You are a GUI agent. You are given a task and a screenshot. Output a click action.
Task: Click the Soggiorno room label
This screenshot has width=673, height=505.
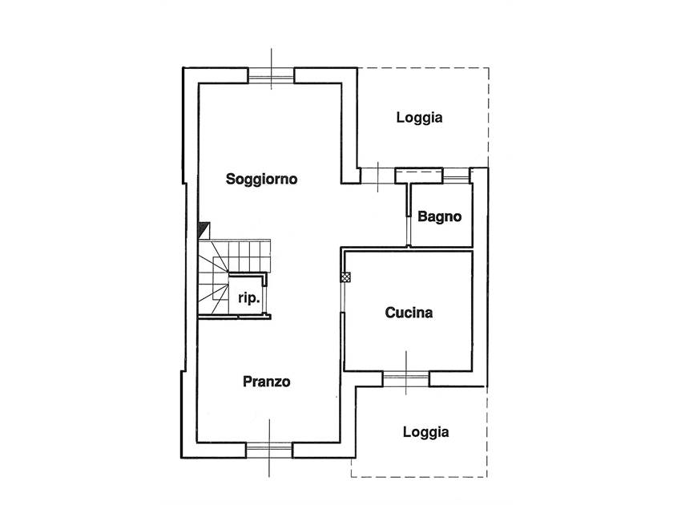261,179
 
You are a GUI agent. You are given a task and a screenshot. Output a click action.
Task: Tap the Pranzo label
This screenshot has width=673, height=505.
267,382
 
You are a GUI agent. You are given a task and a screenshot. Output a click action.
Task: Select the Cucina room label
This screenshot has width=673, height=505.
409,313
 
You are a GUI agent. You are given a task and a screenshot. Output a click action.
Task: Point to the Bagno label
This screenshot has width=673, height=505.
440,217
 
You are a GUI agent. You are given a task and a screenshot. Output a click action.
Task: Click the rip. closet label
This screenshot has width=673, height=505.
249,298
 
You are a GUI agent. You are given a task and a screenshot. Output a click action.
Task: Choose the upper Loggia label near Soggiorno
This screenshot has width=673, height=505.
419,118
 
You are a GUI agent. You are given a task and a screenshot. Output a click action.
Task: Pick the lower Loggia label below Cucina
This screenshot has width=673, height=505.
425,432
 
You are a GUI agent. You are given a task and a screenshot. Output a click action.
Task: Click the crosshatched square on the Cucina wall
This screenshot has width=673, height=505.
345,277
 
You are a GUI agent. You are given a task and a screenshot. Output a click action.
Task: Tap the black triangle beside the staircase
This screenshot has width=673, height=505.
204,230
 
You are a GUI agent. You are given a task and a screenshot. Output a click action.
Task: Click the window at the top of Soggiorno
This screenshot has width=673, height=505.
272,79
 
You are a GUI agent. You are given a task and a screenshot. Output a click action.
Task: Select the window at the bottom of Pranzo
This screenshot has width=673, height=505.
269,449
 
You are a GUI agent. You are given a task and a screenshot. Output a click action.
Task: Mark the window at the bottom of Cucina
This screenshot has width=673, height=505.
406,378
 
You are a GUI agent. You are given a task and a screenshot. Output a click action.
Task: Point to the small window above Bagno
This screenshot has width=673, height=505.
457,176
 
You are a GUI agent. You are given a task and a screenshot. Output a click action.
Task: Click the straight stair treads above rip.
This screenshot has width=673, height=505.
249,256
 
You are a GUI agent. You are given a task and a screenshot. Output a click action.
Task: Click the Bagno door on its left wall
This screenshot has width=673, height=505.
409,215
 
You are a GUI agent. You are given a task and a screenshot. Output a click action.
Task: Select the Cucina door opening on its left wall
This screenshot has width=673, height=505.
343,297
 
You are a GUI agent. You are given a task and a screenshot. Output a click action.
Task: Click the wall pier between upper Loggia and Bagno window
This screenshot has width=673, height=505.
419,176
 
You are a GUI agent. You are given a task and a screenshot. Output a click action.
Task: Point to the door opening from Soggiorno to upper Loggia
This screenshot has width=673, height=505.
377,176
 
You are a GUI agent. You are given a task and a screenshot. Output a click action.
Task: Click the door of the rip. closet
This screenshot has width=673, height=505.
266,301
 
